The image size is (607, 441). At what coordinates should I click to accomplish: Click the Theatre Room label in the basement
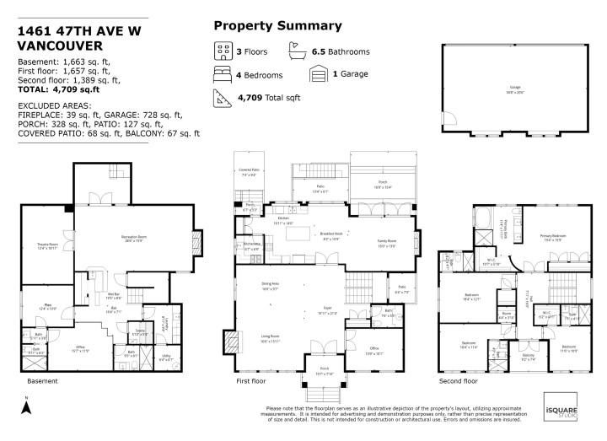[x=47, y=246]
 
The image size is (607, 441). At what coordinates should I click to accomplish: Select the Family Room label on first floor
[x=386, y=242]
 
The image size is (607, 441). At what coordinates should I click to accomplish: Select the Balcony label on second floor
[x=528, y=357]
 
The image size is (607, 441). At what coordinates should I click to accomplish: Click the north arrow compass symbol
[x=26, y=406]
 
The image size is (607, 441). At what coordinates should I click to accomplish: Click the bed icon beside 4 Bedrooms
[x=222, y=74]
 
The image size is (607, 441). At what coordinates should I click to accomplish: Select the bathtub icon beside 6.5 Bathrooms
[x=297, y=51]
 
